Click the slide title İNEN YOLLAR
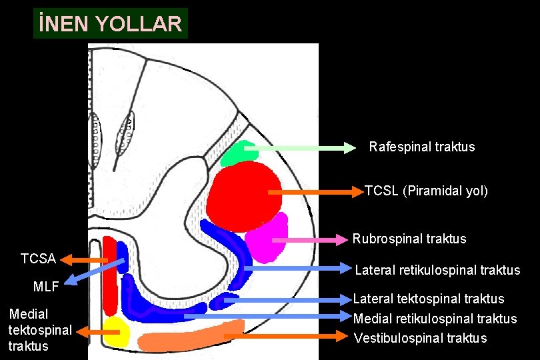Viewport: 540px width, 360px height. point(111,24)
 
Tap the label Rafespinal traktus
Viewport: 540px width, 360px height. point(422,147)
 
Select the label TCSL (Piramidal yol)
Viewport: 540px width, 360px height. point(426,191)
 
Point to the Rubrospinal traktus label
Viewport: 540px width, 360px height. point(409,239)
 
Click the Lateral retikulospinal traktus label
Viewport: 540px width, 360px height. point(437,270)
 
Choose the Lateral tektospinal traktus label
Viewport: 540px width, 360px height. point(429,299)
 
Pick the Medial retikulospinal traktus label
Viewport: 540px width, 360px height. point(435,319)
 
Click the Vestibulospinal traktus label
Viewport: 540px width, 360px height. point(420,338)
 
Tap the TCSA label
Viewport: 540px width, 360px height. point(38,258)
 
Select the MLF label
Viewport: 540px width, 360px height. point(47,287)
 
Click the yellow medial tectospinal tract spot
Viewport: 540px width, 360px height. point(115,331)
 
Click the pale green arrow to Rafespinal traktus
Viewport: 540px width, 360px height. point(300,148)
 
